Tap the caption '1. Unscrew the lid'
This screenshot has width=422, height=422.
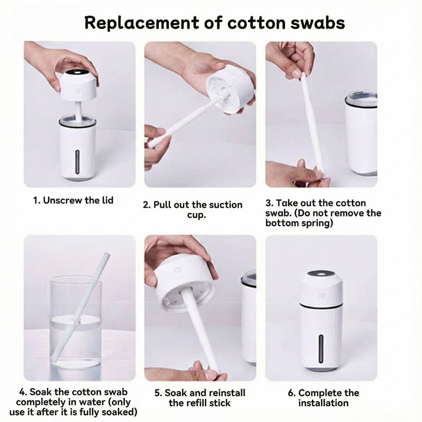73,200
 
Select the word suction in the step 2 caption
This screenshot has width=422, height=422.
226,205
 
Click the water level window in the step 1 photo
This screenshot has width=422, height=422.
78,161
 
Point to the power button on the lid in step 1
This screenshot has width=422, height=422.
77,91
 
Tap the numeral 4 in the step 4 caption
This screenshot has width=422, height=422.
22,392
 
